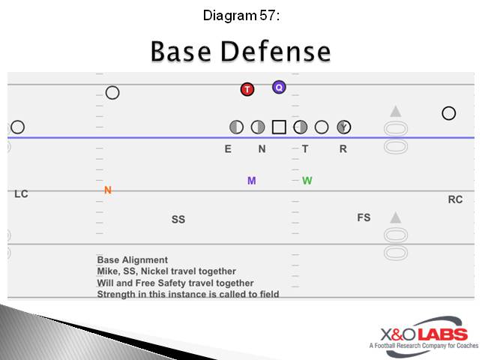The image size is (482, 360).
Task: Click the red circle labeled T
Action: point(247,89)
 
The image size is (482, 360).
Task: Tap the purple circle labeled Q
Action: point(279,87)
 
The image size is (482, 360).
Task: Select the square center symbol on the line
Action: point(279,127)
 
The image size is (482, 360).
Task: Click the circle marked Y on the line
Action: point(343,127)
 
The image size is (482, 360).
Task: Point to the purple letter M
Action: point(252,181)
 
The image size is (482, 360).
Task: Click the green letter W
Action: point(307,181)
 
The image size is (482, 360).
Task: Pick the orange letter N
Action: point(108,190)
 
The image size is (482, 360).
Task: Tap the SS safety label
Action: point(178,220)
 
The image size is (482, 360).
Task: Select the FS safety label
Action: point(364,217)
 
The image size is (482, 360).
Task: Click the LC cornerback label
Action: point(21,194)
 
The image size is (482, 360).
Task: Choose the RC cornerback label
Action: point(455,199)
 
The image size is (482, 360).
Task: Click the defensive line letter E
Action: point(228,149)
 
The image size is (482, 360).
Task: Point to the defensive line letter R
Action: point(343,149)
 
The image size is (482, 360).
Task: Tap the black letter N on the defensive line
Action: point(262,149)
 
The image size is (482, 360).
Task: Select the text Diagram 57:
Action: point(241,15)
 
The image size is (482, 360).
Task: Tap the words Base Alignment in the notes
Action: point(133,260)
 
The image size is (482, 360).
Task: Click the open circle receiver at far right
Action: point(448,113)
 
